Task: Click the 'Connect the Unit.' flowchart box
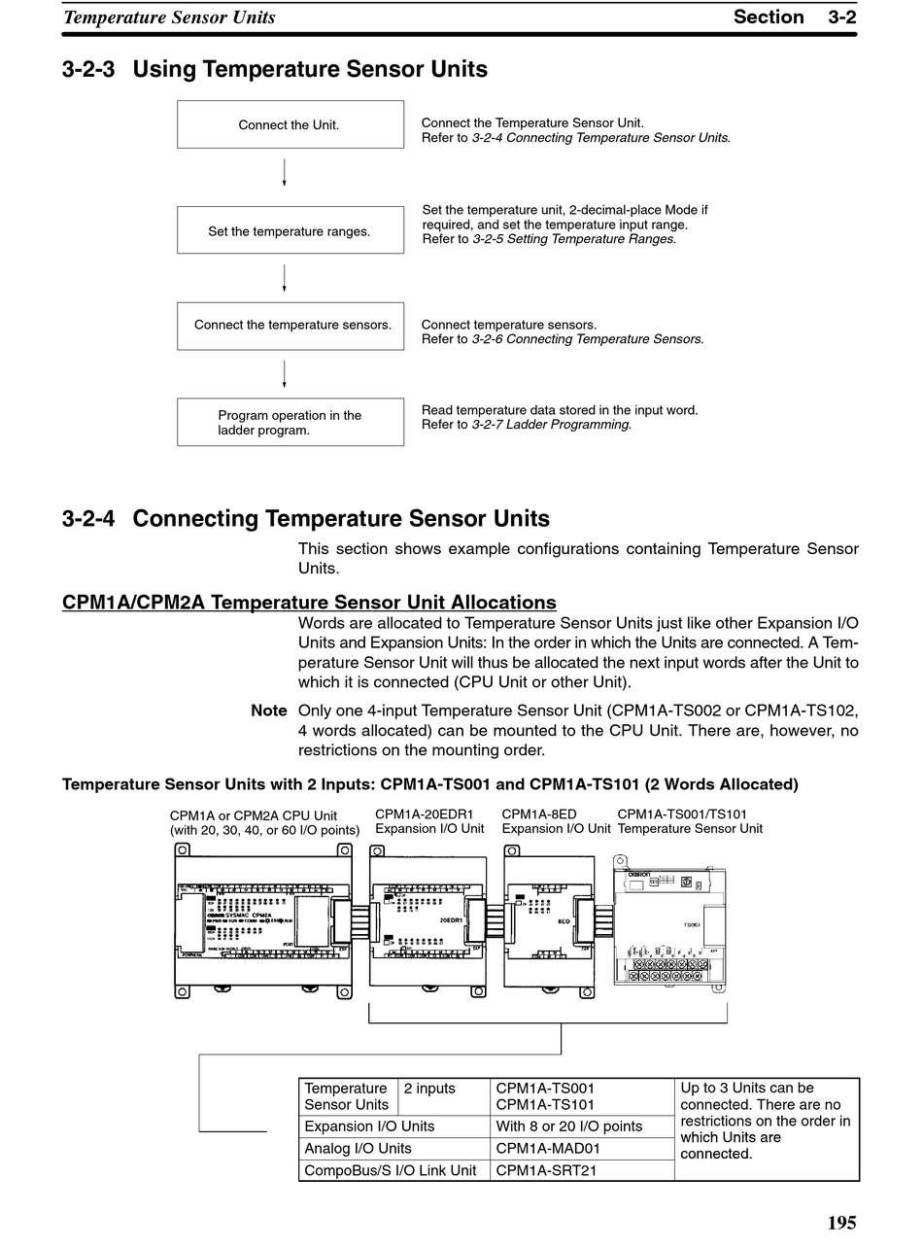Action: [x=290, y=124]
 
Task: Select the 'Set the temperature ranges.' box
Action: [x=290, y=230]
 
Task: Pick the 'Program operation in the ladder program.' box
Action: [x=290, y=423]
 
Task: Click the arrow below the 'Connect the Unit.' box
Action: [x=284, y=173]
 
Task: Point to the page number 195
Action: [x=841, y=1223]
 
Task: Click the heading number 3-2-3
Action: [x=89, y=70]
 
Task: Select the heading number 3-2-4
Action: [x=89, y=519]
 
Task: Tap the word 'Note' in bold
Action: [x=269, y=711]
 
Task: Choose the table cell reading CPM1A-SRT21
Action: [x=546, y=1170]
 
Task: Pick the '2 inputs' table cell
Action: [x=429, y=1089]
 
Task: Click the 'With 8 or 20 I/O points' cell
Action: [x=569, y=1126]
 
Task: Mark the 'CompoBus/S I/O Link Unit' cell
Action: [x=391, y=1170]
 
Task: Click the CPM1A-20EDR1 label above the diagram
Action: [x=425, y=814]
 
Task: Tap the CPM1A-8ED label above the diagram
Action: [x=539, y=814]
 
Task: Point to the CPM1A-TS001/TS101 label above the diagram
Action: [x=682, y=814]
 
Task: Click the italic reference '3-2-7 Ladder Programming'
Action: [x=551, y=425]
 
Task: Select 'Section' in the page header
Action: [x=769, y=17]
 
